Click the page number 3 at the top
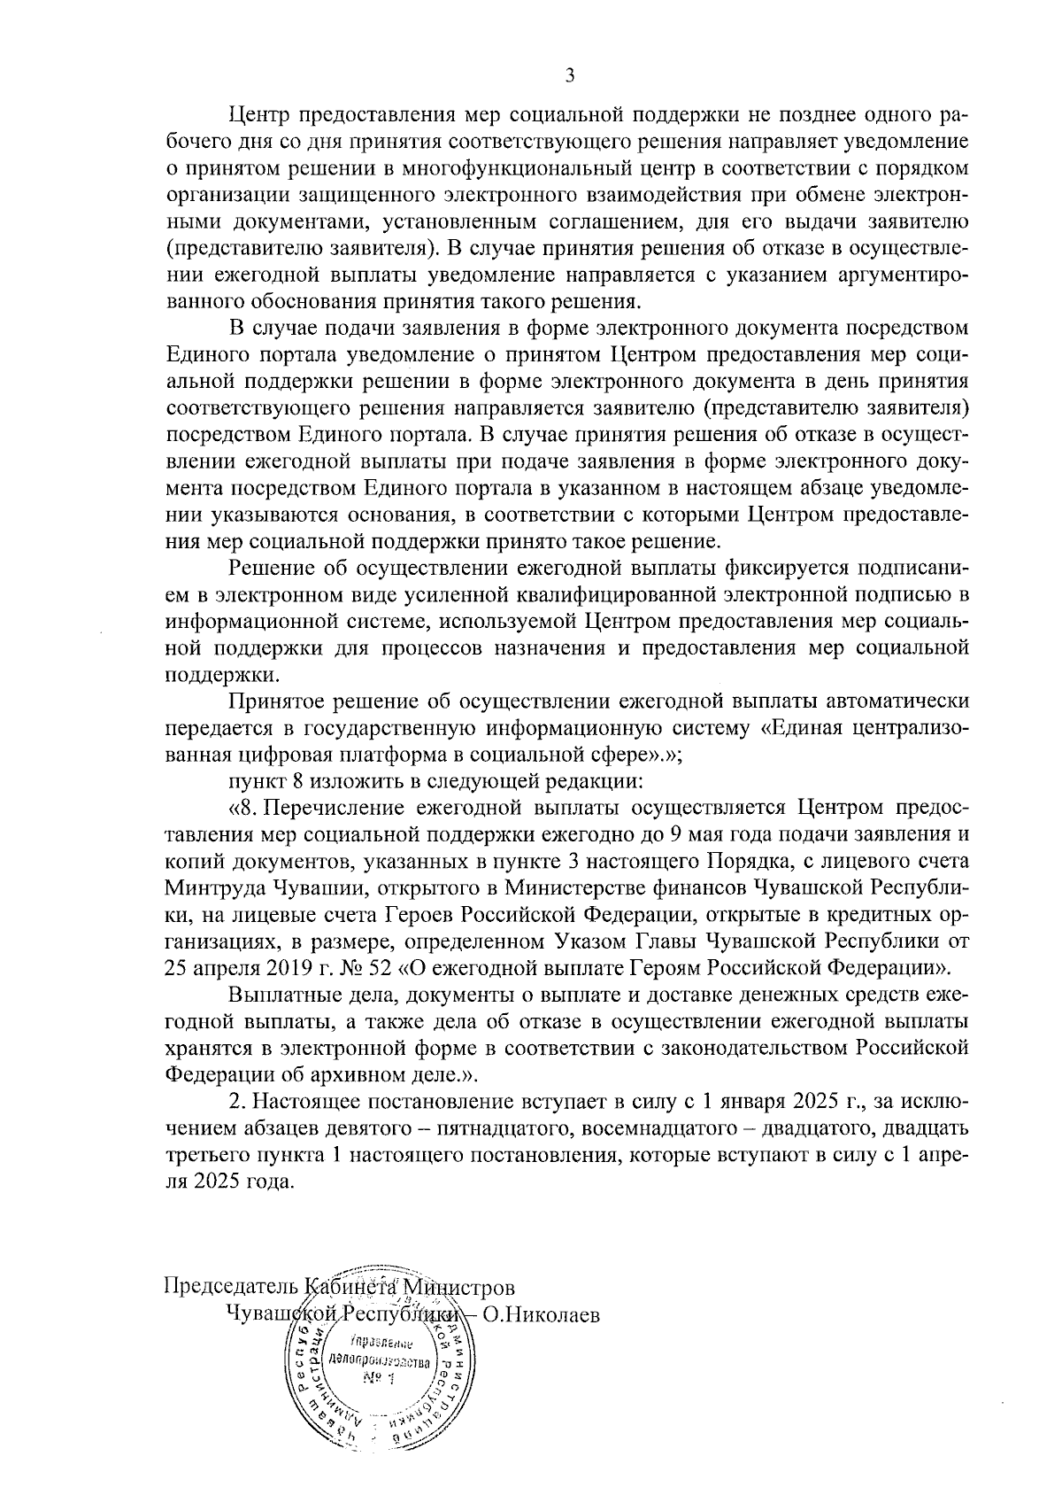[x=570, y=76]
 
